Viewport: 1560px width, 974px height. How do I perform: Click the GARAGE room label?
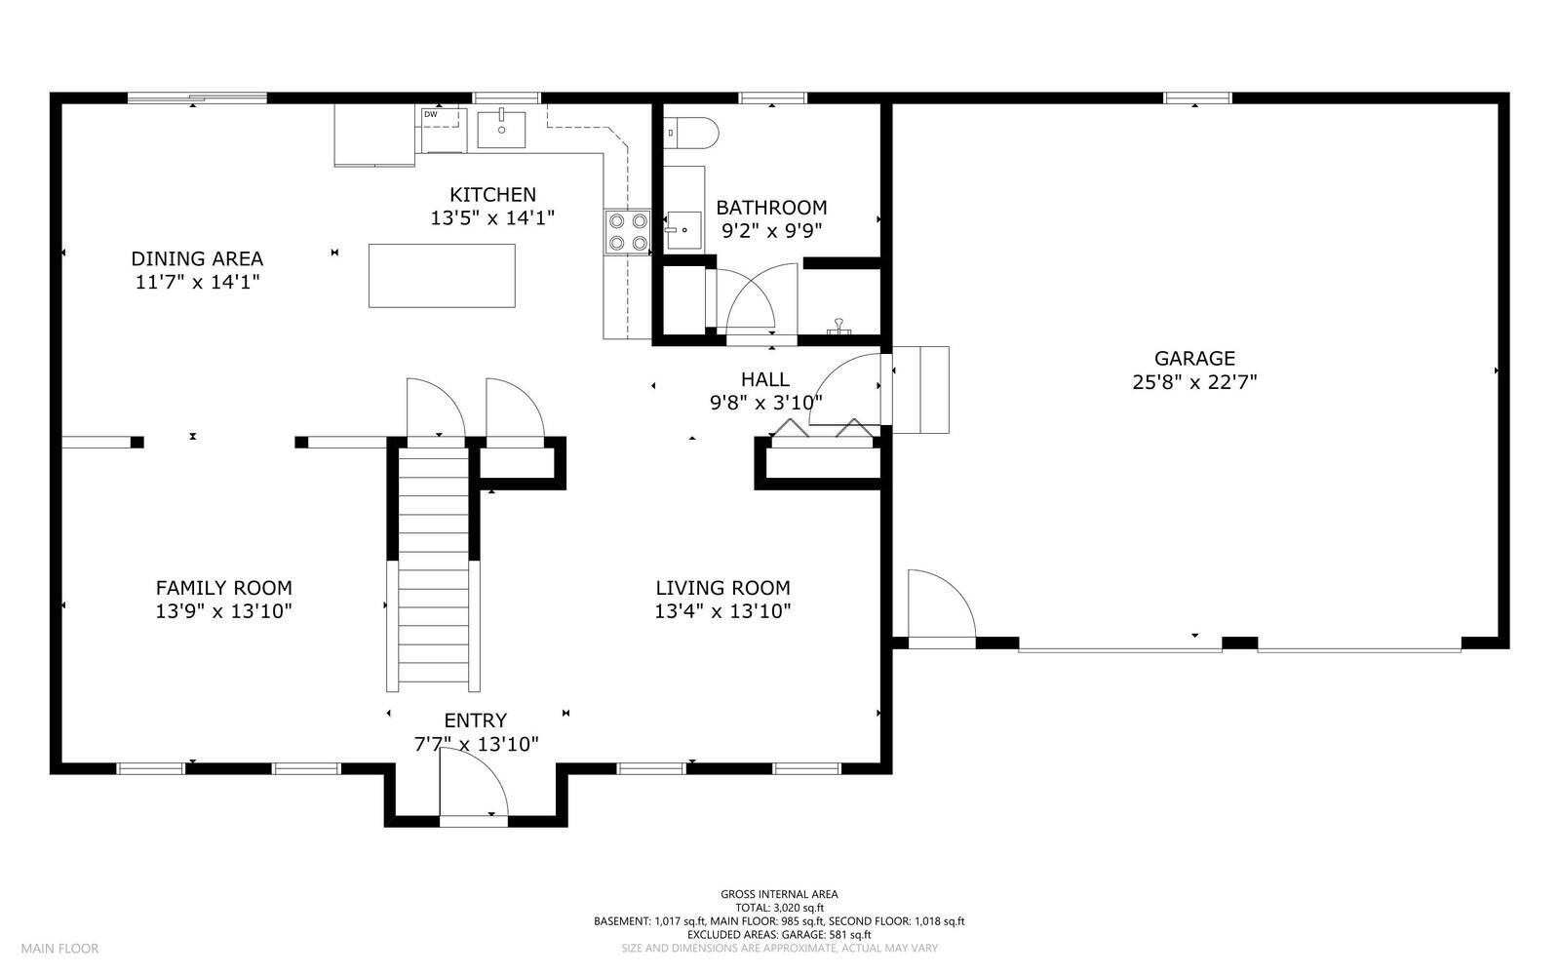coord(1194,359)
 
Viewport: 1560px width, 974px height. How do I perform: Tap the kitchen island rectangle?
coord(442,276)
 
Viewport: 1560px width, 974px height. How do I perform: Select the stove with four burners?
coord(627,232)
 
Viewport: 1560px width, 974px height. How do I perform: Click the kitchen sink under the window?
coord(501,130)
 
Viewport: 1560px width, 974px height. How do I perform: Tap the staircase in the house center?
coord(434,565)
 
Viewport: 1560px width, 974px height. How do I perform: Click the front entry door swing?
coord(473,785)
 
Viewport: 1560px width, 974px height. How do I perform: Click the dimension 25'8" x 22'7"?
coord(1194,382)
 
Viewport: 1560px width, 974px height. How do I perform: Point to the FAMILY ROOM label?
coord(223,588)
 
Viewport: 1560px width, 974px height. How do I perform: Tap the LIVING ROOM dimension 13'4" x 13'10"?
coord(722,611)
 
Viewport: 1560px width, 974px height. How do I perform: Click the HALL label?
coord(765,379)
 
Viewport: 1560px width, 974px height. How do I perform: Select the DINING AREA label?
coord(197,258)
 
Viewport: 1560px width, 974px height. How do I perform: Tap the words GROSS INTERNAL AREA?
coord(779,894)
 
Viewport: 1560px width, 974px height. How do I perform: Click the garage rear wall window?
coord(1197,97)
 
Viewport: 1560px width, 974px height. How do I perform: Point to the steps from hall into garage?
coord(920,389)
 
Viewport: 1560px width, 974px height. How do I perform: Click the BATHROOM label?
coord(771,208)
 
